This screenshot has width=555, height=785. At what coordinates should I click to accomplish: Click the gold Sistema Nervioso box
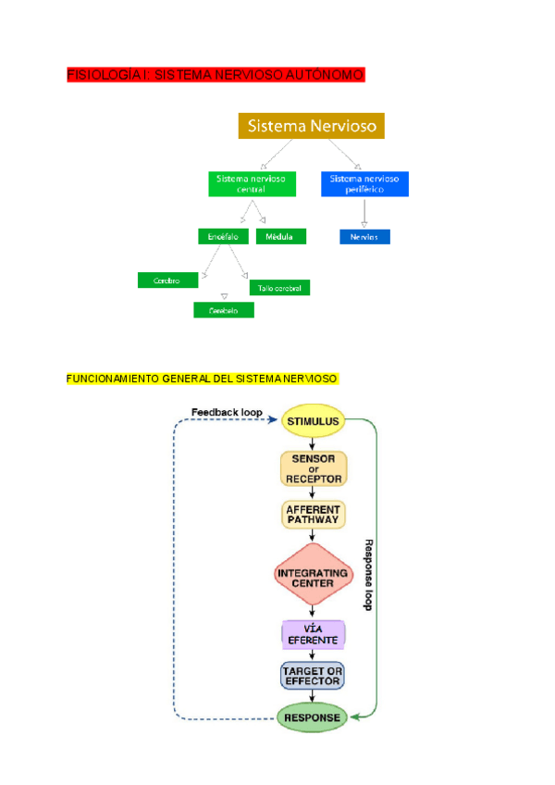(311, 126)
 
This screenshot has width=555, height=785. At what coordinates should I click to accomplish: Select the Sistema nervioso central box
(252, 183)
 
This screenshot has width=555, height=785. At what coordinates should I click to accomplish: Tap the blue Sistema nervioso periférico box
(364, 183)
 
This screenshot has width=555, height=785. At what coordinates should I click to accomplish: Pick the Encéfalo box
(223, 237)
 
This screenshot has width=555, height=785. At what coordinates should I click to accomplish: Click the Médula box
(279, 237)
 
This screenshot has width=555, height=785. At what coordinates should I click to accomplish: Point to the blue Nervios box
(364, 237)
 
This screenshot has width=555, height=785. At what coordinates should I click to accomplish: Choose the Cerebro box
(167, 280)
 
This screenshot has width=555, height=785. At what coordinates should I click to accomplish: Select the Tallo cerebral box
(279, 288)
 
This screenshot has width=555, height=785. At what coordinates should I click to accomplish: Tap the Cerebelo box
(223, 311)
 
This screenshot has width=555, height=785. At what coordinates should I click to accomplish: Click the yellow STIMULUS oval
(313, 422)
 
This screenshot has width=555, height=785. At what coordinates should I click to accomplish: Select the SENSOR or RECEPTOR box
(314, 468)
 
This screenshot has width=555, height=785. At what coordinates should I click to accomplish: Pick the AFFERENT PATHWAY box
(314, 515)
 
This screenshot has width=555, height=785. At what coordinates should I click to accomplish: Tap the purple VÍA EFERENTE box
(313, 634)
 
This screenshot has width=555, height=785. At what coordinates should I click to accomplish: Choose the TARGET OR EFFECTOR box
(313, 675)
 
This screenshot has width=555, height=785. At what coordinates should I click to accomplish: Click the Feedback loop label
(227, 412)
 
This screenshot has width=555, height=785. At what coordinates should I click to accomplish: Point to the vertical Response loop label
(367, 574)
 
